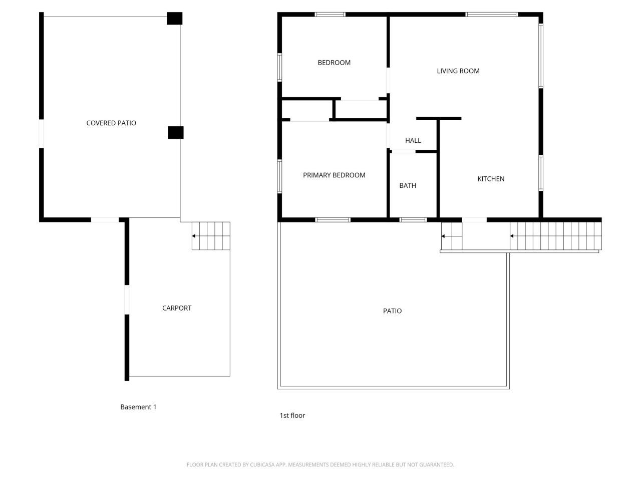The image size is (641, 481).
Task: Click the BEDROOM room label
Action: [334, 63]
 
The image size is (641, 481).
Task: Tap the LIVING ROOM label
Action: [458, 71]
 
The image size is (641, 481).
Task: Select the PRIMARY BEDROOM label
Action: [334, 175]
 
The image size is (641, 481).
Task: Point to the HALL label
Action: [413, 141]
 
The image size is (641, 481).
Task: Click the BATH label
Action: [407, 185]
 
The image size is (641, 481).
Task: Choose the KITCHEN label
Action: [490, 179]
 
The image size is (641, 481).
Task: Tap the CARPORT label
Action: [177, 308]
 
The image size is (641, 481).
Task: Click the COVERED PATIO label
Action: [111, 123]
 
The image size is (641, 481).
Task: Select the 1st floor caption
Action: [292, 415]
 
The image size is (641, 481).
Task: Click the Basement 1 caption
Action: [138, 407]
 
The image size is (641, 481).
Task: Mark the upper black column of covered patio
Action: [174, 19]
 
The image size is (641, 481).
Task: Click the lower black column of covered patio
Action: [175, 132]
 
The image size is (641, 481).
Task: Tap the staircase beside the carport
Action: [211, 236]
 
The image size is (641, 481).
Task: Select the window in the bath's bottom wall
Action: [413, 219]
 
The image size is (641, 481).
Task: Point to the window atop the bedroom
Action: [330, 15]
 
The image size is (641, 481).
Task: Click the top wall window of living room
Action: [491, 15]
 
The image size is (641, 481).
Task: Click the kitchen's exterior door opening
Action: [474, 219]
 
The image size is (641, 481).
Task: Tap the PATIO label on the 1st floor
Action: [392, 311]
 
